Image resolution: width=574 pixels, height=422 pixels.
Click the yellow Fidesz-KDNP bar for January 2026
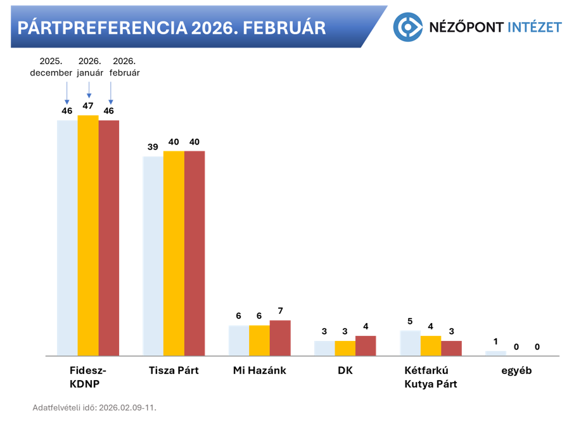pos(88,235)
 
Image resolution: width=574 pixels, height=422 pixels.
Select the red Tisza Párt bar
pos(195,253)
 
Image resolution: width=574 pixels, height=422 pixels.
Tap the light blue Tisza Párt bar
pos(153,256)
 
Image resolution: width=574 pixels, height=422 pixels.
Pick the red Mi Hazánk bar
pos(280,338)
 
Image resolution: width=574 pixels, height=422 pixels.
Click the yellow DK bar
pos(345,348)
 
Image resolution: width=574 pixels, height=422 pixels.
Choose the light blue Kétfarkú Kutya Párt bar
pos(410,343)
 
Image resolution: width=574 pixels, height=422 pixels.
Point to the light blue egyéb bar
pos(496,353)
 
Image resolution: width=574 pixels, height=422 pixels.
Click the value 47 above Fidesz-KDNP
pos(88,106)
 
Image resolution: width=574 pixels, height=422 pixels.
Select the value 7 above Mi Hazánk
pos(280,310)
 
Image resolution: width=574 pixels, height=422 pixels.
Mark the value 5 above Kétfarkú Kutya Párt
pos(410,321)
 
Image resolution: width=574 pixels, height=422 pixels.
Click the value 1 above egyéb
pos(496,342)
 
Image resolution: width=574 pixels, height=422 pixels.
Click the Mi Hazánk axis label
pos(260,371)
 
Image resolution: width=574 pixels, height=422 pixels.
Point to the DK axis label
pos(345,371)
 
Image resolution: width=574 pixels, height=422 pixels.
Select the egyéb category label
pos(516,371)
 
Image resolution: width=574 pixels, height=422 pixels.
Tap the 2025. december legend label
pos(51,67)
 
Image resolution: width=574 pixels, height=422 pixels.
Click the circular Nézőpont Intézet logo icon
pos(407,27)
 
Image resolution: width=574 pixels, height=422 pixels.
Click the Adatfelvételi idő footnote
pos(94,407)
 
